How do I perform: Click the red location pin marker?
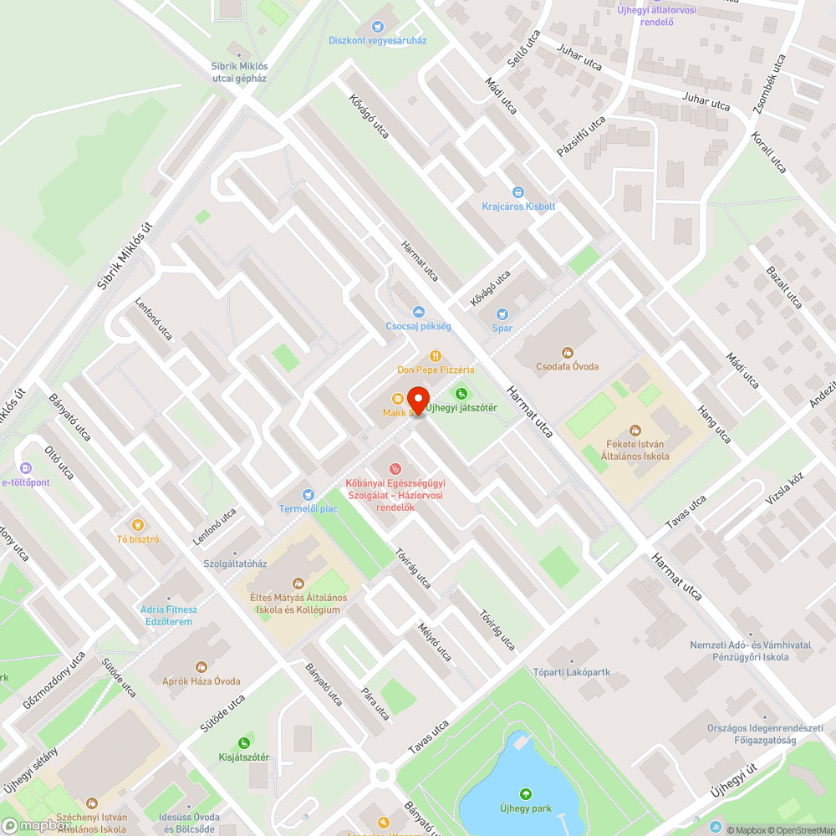tap(417, 400)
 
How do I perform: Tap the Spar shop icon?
tap(502, 314)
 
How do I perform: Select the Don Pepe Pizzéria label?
tap(436, 370)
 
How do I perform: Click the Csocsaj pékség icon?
tap(419, 312)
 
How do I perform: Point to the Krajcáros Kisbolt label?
tap(518, 206)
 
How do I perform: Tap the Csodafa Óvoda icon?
tap(568, 353)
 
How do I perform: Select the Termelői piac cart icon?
tap(308, 495)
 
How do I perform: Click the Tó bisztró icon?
tap(139, 525)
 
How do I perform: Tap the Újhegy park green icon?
tap(525, 794)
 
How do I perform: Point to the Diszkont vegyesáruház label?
tap(378, 40)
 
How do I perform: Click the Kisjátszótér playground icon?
tap(243, 742)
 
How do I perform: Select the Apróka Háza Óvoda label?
tap(201, 681)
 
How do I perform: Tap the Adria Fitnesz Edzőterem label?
tap(168, 615)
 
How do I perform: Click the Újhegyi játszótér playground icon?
tap(460, 394)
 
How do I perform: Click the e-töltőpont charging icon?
tap(26, 469)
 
